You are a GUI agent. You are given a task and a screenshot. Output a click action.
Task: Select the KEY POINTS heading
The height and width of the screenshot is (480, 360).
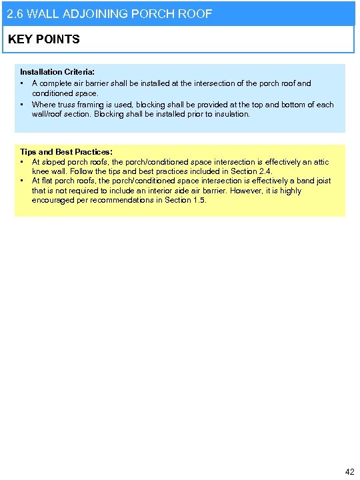pyautogui.click(x=43, y=39)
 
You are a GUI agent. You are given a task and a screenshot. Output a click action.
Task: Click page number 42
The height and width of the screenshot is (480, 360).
pyautogui.click(x=349, y=471)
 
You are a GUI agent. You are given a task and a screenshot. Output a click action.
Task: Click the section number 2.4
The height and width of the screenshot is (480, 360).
pyautogui.click(x=265, y=171)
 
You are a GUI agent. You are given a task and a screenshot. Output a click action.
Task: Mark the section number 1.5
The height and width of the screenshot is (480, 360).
pyautogui.click(x=199, y=200)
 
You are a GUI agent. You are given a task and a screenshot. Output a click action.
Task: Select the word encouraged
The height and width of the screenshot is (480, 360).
pyautogui.click(x=53, y=200)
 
